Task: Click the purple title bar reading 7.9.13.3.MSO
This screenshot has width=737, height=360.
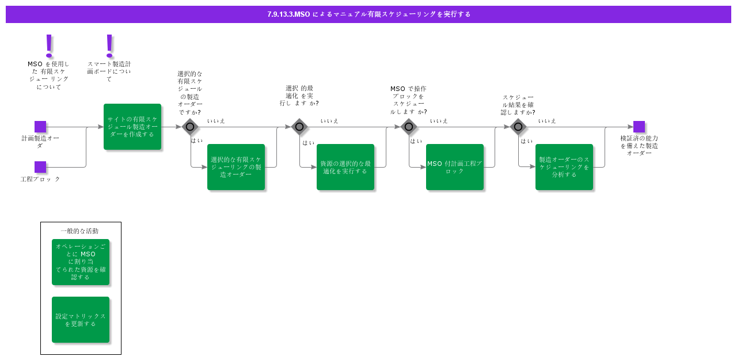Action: click(368, 14)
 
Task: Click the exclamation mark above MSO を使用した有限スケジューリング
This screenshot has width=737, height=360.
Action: click(49, 45)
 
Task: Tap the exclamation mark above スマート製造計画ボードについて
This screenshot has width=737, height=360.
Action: click(109, 45)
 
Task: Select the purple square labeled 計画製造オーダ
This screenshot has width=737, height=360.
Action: click(40, 127)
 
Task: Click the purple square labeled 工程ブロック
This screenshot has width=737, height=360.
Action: click(40, 167)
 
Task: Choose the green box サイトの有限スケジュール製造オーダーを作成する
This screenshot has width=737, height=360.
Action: click(132, 127)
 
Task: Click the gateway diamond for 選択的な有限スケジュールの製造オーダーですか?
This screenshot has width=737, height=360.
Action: click(190, 127)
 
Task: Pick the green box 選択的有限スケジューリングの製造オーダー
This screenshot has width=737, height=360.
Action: click(236, 167)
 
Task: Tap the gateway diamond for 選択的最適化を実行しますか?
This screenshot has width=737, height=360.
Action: click(299, 127)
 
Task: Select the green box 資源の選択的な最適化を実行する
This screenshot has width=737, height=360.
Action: click(345, 167)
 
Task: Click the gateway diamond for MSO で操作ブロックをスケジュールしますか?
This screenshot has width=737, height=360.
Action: click(409, 127)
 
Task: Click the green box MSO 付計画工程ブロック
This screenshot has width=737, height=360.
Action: click(455, 167)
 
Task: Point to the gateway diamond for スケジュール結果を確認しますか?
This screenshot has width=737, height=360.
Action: click(518, 127)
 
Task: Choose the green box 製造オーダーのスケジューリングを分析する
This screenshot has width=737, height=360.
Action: click(564, 167)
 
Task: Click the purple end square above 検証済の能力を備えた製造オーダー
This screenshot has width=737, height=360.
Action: click(639, 127)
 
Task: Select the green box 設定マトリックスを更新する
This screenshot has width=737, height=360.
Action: click(81, 320)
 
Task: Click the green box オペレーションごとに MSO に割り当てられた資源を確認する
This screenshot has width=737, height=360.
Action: click(81, 262)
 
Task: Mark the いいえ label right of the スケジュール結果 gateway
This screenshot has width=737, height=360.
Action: click(547, 121)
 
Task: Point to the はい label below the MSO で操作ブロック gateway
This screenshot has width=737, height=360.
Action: click(416, 141)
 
